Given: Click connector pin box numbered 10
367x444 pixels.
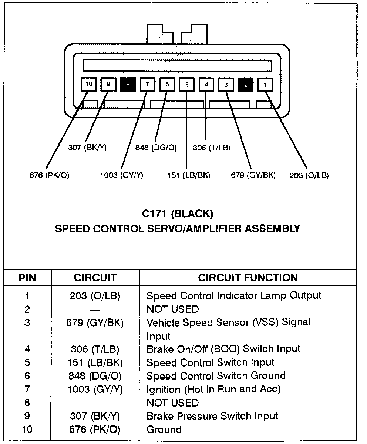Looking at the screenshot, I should (89, 85).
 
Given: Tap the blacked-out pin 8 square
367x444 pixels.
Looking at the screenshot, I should (128, 85).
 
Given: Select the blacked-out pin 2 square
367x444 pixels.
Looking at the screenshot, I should (245, 85).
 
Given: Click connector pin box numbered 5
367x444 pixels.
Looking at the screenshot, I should (187, 85).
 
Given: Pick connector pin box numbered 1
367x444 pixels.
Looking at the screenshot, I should (265, 85).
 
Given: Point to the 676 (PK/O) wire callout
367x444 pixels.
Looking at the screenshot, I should (49, 175).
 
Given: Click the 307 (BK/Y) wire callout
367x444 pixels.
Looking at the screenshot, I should (87, 148).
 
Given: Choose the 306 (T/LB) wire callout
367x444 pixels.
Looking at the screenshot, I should (212, 148).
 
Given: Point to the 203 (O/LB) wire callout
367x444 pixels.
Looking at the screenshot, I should (309, 175).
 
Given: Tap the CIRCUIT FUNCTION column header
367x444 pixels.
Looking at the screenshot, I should (248, 278).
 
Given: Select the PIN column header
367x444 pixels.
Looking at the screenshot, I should (27, 278).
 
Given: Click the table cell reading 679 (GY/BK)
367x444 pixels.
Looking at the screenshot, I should (97, 322).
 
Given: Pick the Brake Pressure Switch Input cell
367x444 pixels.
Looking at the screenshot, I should (212, 416).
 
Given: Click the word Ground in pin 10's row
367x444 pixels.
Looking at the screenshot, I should (164, 430).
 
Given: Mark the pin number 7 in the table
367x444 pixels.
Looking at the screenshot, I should (27, 389).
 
